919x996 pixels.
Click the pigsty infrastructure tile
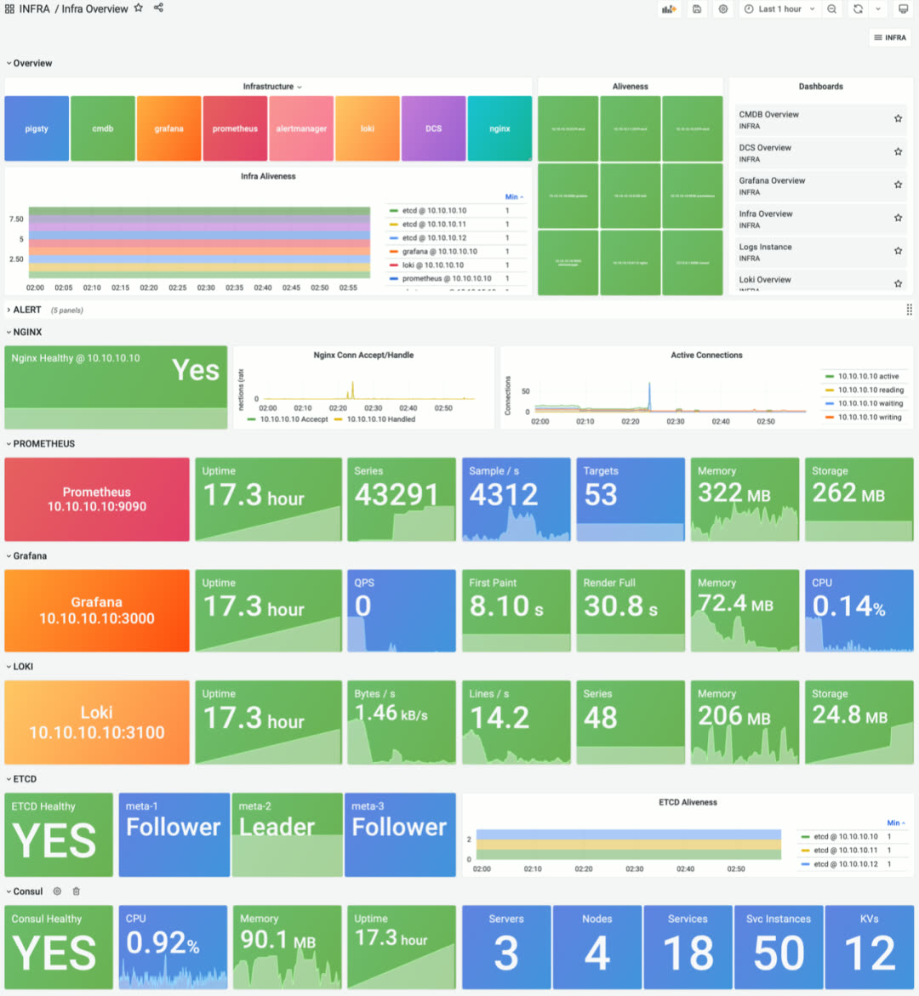[37, 128]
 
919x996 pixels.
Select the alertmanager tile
[301, 128]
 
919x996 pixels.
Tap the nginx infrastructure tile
[499, 128]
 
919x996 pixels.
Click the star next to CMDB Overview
[898, 119]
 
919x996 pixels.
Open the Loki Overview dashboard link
[765, 280]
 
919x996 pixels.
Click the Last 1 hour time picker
[779, 9]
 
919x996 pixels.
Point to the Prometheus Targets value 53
[601, 495]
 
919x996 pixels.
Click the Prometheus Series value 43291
[397, 495]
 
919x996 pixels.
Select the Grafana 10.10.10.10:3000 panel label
[97, 611]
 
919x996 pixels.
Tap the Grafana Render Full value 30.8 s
[620, 606]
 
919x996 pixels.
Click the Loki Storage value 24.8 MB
[849, 715]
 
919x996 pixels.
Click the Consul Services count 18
[688, 953]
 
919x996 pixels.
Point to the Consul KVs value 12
[870, 953]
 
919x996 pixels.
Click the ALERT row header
[27, 310]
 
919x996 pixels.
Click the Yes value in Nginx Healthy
[196, 371]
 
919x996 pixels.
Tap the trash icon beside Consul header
[77, 891]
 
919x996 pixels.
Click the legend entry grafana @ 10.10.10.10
[439, 252]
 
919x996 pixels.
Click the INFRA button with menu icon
[890, 37]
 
